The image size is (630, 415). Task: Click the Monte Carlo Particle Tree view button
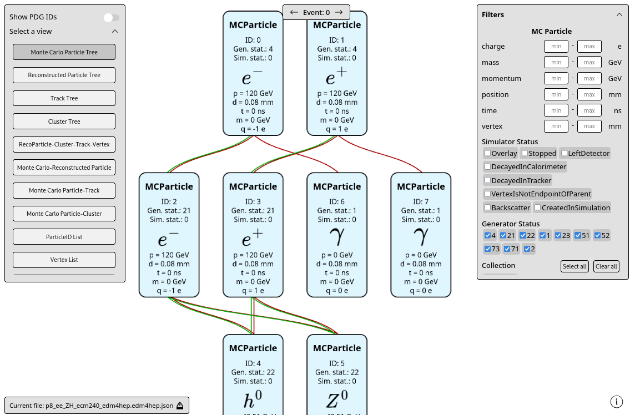[64, 52]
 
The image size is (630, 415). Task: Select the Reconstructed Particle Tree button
[64, 75]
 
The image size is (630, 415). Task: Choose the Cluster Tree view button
[64, 122]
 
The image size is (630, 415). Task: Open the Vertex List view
[64, 260]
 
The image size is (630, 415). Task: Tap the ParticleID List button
[64, 237]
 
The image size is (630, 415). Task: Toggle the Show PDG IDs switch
[111, 18]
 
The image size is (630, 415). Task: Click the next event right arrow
[339, 12]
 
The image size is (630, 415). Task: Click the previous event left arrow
[294, 12]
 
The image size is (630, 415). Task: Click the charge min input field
[556, 47]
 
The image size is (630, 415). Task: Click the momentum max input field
[589, 79]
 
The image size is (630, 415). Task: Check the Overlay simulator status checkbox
[487, 154]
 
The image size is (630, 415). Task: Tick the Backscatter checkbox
[487, 208]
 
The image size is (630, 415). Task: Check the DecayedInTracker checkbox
[487, 181]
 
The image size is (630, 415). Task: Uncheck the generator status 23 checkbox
[558, 236]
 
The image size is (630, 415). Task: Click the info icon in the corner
[616, 402]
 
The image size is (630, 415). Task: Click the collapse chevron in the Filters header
[619, 15]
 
